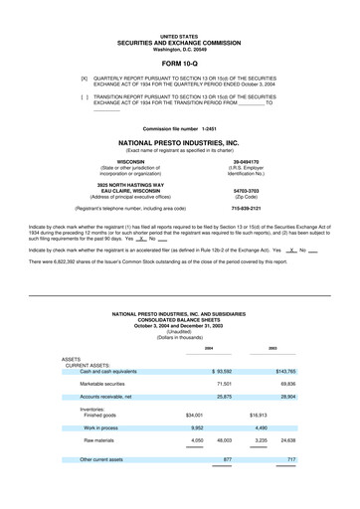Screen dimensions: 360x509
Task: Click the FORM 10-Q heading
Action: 179,62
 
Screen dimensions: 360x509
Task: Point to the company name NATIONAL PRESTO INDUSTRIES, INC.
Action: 179,143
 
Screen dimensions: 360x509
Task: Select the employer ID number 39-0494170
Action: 246,162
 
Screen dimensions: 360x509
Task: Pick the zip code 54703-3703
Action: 246,191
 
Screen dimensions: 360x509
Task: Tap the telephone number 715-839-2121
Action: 246,209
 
